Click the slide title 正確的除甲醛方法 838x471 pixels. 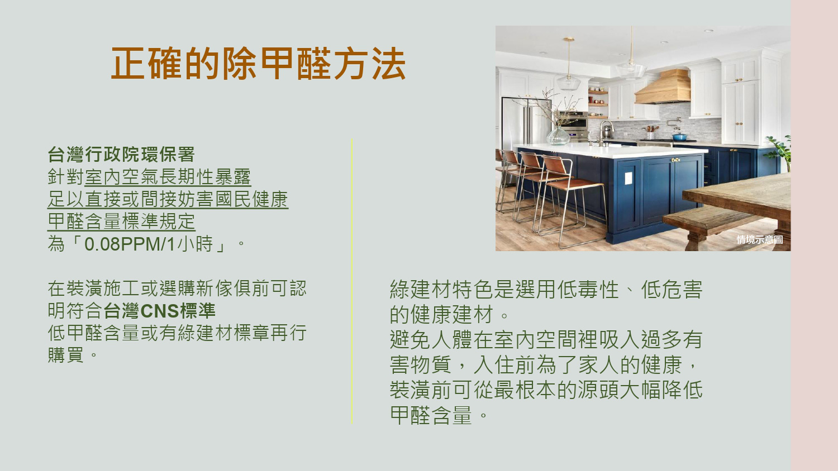click(258, 64)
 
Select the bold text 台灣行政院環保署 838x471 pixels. click(121, 155)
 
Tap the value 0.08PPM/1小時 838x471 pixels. click(149, 244)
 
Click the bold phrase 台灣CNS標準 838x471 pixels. click(160, 311)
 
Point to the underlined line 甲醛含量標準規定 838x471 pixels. click(122, 222)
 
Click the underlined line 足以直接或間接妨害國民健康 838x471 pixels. click(168, 199)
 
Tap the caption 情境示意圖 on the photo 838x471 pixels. click(759, 239)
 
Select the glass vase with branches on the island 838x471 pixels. click(558, 135)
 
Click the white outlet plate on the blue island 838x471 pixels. click(628, 178)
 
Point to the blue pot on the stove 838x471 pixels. click(679, 136)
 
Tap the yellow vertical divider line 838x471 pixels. click(351, 281)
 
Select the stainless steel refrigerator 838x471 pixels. click(524, 123)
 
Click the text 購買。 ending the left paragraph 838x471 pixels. click(73, 355)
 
